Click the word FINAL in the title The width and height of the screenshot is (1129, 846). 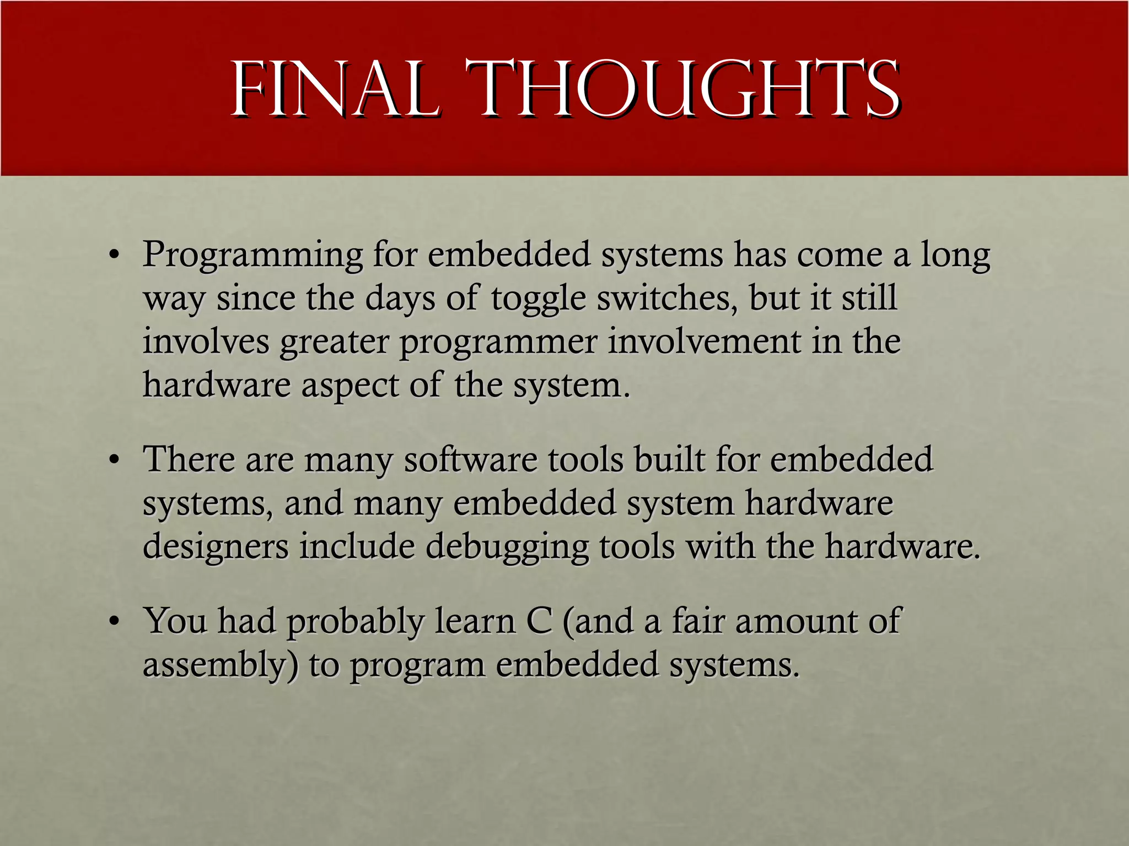335,90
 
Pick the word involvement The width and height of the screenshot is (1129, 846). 704,341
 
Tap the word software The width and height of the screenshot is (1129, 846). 470,459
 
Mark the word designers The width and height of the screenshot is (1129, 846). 216,548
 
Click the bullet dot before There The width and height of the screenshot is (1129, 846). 114,460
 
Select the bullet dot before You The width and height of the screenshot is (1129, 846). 114,622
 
